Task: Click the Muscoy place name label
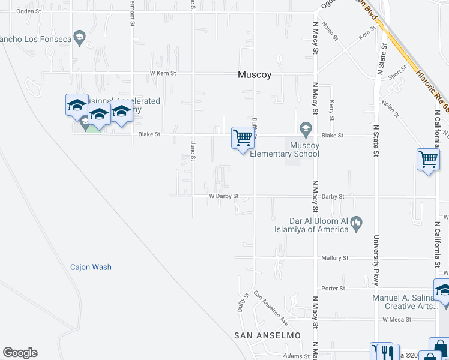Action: pyautogui.click(x=255, y=75)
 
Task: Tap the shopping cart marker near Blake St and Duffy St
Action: pyautogui.click(x=243, y=138)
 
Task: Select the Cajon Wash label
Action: pyautogui.click(x=91, y=267)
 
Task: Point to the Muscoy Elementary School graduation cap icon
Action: pyautogui.click(x=306, y=128)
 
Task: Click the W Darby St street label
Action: pyautogui.click(x=224, y=196)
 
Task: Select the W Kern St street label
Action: pyautogui.click(x=163, y=73)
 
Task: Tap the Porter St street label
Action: pyautogui.click(x=333, y=289)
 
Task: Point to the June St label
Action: pyautogui.click(x=193, y=151)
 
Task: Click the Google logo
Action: pyautogui.click(x=20, y=353)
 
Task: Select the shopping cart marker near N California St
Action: pyautogui.click(x=427, y=160)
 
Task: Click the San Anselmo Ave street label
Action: pyautogui.click(x=271, y=304)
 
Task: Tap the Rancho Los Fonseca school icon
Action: pyautogui.click(x=79, y=38)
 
